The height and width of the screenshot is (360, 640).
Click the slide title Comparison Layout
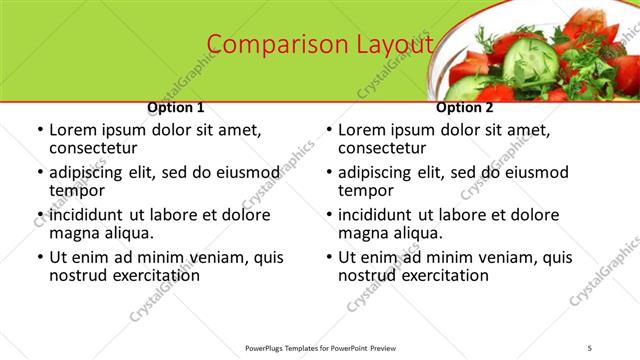click(320, 45)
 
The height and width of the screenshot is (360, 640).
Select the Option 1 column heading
click(176, 107)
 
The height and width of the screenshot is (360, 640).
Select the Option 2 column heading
click(465, 107)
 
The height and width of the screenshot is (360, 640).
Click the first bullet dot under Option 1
click(39, 130)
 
